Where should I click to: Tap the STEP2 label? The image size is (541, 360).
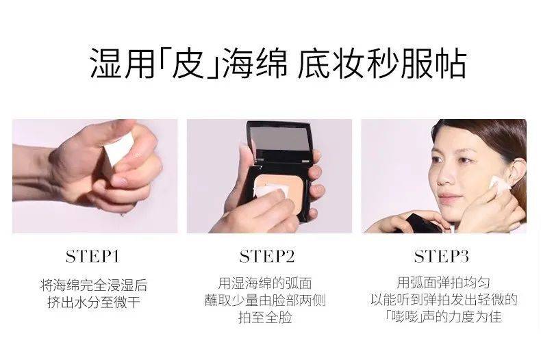(x=267, y=257)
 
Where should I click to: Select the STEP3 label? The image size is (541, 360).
(x=441, y=257)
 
